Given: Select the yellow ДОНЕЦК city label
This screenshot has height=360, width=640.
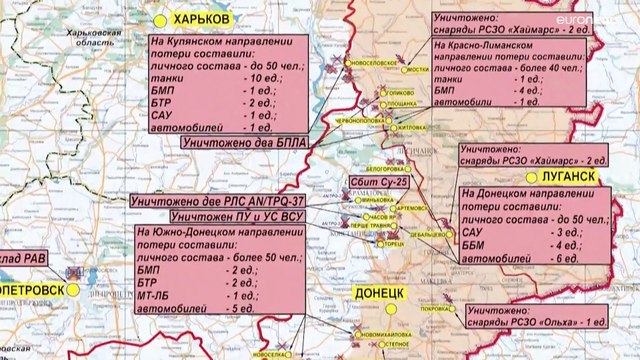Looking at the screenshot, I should point(378,293).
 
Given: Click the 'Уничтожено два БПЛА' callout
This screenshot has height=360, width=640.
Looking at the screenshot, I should point(240,143).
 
